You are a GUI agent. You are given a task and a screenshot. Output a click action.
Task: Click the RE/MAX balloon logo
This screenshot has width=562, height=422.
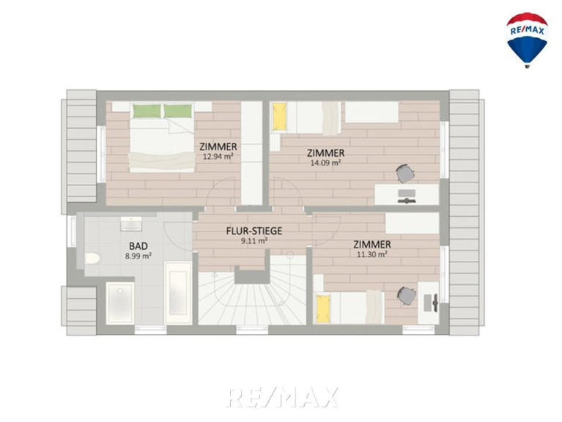point(527,40)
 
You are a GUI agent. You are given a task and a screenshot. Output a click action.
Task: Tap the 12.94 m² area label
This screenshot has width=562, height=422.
point(218,156)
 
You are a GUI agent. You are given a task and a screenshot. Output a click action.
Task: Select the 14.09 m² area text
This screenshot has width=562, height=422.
point(325,163)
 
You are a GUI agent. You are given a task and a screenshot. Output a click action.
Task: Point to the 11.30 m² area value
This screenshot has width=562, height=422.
point(372,254)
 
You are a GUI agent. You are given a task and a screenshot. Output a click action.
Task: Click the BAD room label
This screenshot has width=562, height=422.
point(138,246)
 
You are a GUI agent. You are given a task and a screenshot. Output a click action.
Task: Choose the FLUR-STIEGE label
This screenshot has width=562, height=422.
point(254,231)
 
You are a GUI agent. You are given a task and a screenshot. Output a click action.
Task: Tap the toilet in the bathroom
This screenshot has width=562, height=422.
point(93,258)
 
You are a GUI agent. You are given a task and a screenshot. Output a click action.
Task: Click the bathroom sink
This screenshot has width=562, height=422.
point(131,223)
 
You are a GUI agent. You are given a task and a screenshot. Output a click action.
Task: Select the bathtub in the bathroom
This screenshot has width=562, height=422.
point(178,292)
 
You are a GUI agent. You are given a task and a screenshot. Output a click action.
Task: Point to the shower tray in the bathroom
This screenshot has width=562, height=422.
point(120,303)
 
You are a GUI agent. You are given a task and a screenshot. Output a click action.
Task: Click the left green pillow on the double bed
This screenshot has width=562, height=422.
point(147,111)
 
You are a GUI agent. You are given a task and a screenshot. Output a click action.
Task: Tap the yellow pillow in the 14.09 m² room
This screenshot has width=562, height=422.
point(280,116)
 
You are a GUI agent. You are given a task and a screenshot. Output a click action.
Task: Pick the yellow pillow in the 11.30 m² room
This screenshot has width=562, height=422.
point(323,308)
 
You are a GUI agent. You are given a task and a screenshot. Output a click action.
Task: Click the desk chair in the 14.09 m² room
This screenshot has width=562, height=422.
point(406,174)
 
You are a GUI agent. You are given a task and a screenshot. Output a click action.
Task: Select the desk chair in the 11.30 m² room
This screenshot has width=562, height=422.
point(407,296)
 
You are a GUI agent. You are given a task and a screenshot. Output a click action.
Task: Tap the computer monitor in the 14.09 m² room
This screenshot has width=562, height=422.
point(407,196)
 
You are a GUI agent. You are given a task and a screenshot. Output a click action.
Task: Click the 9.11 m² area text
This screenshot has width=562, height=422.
point(254,241)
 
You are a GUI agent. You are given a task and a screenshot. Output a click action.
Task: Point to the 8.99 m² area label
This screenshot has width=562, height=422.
point(138,256)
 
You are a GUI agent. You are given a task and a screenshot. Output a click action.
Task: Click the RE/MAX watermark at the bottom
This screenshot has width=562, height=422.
point(282,397)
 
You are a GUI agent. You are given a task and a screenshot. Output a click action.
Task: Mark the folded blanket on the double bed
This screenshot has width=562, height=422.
point(161,160)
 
